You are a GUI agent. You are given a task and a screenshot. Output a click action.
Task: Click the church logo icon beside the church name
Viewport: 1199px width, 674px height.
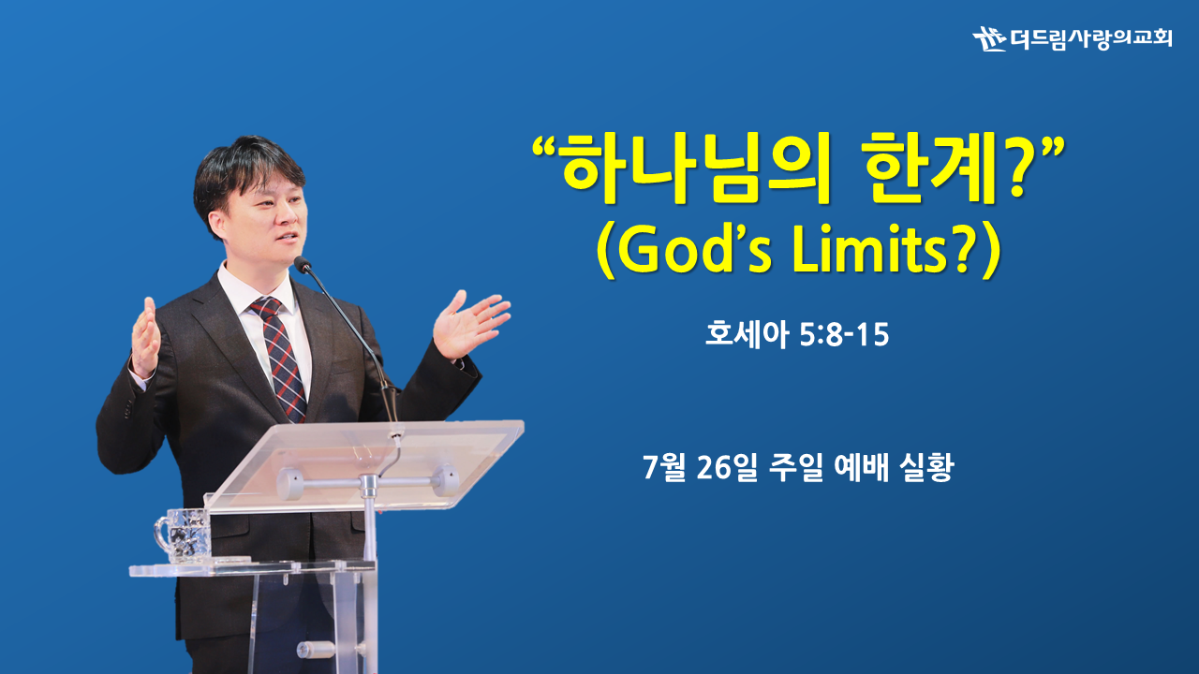[989, 38]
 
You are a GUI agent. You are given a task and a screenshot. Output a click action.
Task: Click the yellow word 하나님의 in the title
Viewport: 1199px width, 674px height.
[695, 168]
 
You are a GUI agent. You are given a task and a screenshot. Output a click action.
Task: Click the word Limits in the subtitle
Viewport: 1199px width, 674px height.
[871, 252]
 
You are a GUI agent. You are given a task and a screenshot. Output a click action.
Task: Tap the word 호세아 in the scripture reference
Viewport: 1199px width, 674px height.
[747, 334]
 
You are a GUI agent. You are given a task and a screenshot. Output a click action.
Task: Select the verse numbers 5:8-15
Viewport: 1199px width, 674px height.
[844, 335]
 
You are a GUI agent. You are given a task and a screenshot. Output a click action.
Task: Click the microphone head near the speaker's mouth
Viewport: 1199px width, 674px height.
[303, 264]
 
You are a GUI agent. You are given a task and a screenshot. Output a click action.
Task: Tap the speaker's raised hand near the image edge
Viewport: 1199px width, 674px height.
[145, 337]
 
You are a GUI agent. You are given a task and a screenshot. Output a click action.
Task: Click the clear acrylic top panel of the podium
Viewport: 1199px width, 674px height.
[364, 464]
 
